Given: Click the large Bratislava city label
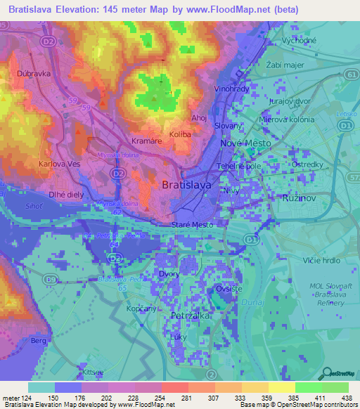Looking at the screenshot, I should [x=186, y=186].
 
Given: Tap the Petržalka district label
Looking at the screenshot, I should [x=186, y=317].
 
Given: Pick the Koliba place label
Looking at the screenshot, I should [x=181, y=134].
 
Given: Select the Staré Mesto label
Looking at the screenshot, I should [x=192, y=225].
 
